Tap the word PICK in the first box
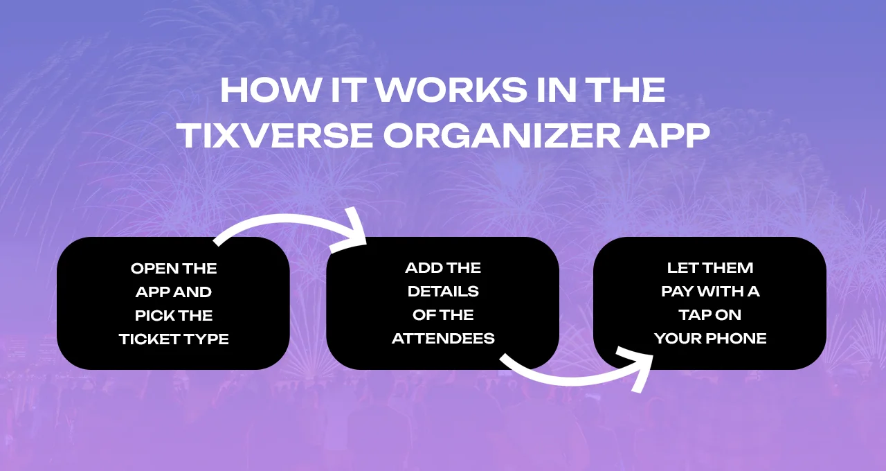tap(154, 315)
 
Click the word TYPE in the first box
tap(208, 339)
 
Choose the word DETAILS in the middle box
tap(443, 292)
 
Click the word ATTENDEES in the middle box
tap(443, 339)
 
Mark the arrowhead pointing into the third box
tap(642, 368)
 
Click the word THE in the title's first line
tap(631, 91)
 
